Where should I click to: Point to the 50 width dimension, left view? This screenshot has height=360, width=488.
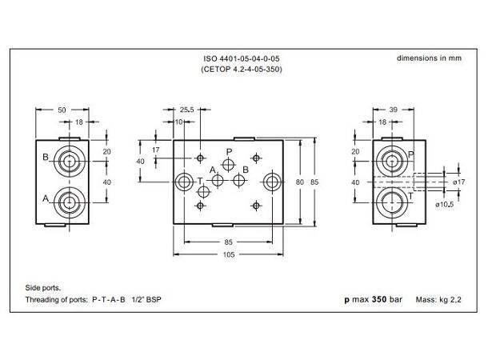[62, 110]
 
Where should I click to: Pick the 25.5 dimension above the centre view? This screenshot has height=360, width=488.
[186, 110]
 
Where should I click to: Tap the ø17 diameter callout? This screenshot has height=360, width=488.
[458, 182]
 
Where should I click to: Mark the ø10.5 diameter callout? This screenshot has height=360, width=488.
[445, 206]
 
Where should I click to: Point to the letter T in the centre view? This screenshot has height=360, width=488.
[199, 182]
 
